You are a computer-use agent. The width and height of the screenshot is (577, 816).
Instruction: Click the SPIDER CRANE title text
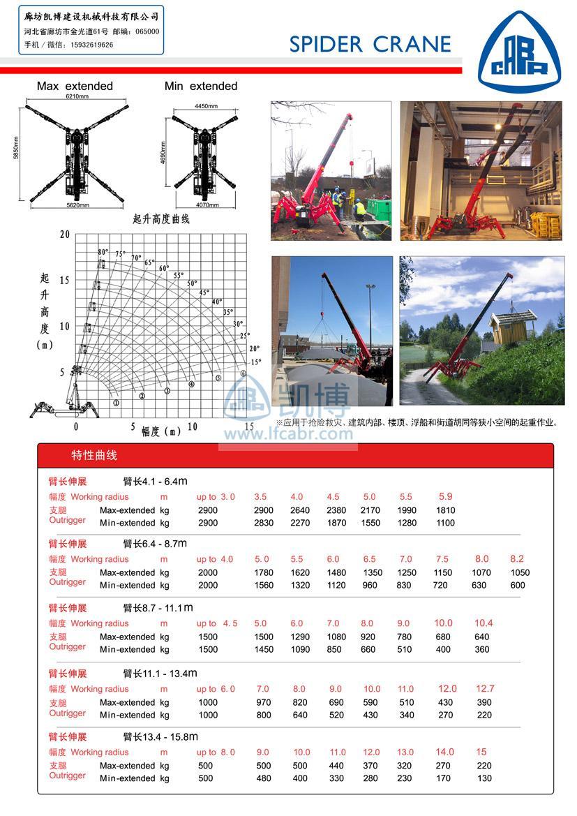pyautogui.click(x=370, y=45)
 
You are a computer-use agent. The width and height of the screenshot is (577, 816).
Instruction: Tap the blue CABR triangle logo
pyautogui.click(x=519, y=49)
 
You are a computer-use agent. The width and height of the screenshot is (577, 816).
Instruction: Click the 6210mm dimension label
pyautogui.click(x=77, y=96)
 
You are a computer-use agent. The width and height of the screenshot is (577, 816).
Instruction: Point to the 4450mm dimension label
pyautogui.click(x=206, y=106)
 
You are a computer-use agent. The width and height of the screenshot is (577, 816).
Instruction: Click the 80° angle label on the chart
pyautogui.click(x=103, y=252)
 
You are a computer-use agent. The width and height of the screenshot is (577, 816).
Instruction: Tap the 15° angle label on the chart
pyautogui.click(x=255, y=362)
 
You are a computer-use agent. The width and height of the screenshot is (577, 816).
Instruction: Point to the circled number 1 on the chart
pyautogui.click(x=116, y=403)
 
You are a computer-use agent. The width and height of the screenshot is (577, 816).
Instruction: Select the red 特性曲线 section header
pyautogui.click(x=94, y=456)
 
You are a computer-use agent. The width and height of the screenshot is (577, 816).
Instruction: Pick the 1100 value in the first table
pyautogui.click(x=445, y=523)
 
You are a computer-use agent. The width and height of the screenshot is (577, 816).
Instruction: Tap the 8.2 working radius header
pyautogui.click(x=516, y=559)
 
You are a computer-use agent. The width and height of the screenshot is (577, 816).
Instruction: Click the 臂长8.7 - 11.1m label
pyautogui.click(x=158, y=608)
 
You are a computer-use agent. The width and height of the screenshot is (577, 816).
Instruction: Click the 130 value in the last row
pyautogui.click(x=484, y=778)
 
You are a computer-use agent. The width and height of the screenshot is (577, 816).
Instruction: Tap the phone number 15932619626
pyautogui.click(x=87, y=45)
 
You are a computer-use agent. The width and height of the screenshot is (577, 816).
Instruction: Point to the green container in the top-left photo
pyautogui.click(x=379, y=209)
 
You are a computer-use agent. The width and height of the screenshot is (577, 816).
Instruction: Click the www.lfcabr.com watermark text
pyautogui.click(x=288, y=433)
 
